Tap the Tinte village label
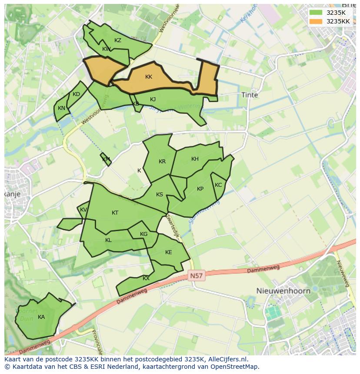pyautogui.click(x=250, y=95)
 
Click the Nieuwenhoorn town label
pyautogui.click(x=283, y=291)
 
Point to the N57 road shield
pyautogui.click(x=197, y=275)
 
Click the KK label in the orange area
pyautogui.click(x=149, y=77)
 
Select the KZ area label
pyautogui.click(x=118, y=40)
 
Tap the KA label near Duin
pyautogui.click(x=41, y=317)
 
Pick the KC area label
pyautogui.click(x=218, y=185)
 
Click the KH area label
pyautogui.click(x=195, y=159)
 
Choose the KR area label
pyautogui.click(x=162, y=162)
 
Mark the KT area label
pyautogui.click(x=115, y=213)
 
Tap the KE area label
pyautogui.click(x=169, y=252)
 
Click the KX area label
pyautogui.click(x=146, y=278)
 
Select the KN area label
pyautogui.click(x=61, y=108)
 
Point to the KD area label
pyautogui.click(x=77, y=94)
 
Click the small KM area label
pyautogui.click(x=106, y=159)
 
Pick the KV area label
pyautogui.click(x=83, y=210)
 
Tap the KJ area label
pyautogui.click(x=153, y=99)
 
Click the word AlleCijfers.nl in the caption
pyautogui.click(x=227, y=359)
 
